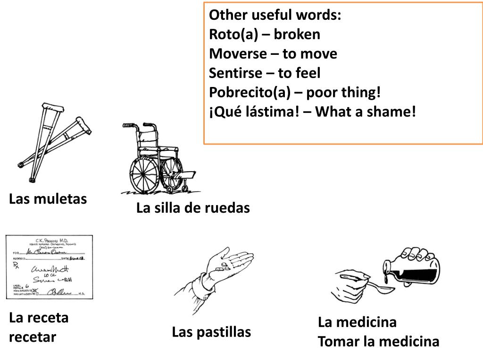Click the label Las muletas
[48, 199]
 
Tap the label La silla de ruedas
[193, 207]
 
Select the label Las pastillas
[211, 332]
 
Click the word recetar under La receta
[32, 337]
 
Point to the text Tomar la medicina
[378, 341]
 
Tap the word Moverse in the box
[238, 54]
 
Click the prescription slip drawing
[49, 267]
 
